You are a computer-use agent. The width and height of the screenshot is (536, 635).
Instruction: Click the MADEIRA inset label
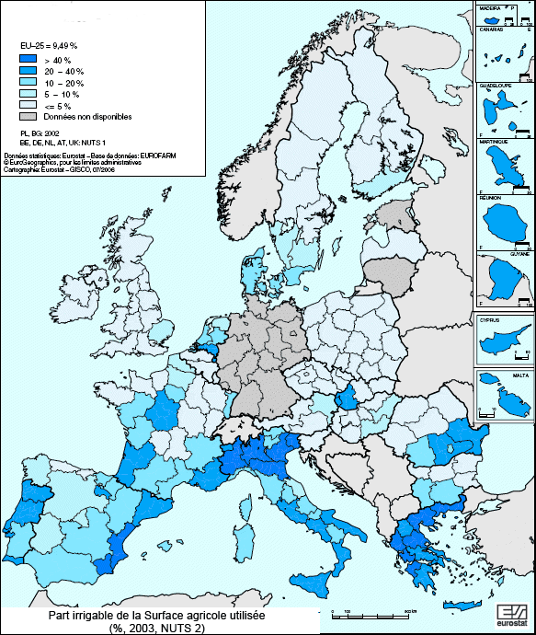coord(488,6)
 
